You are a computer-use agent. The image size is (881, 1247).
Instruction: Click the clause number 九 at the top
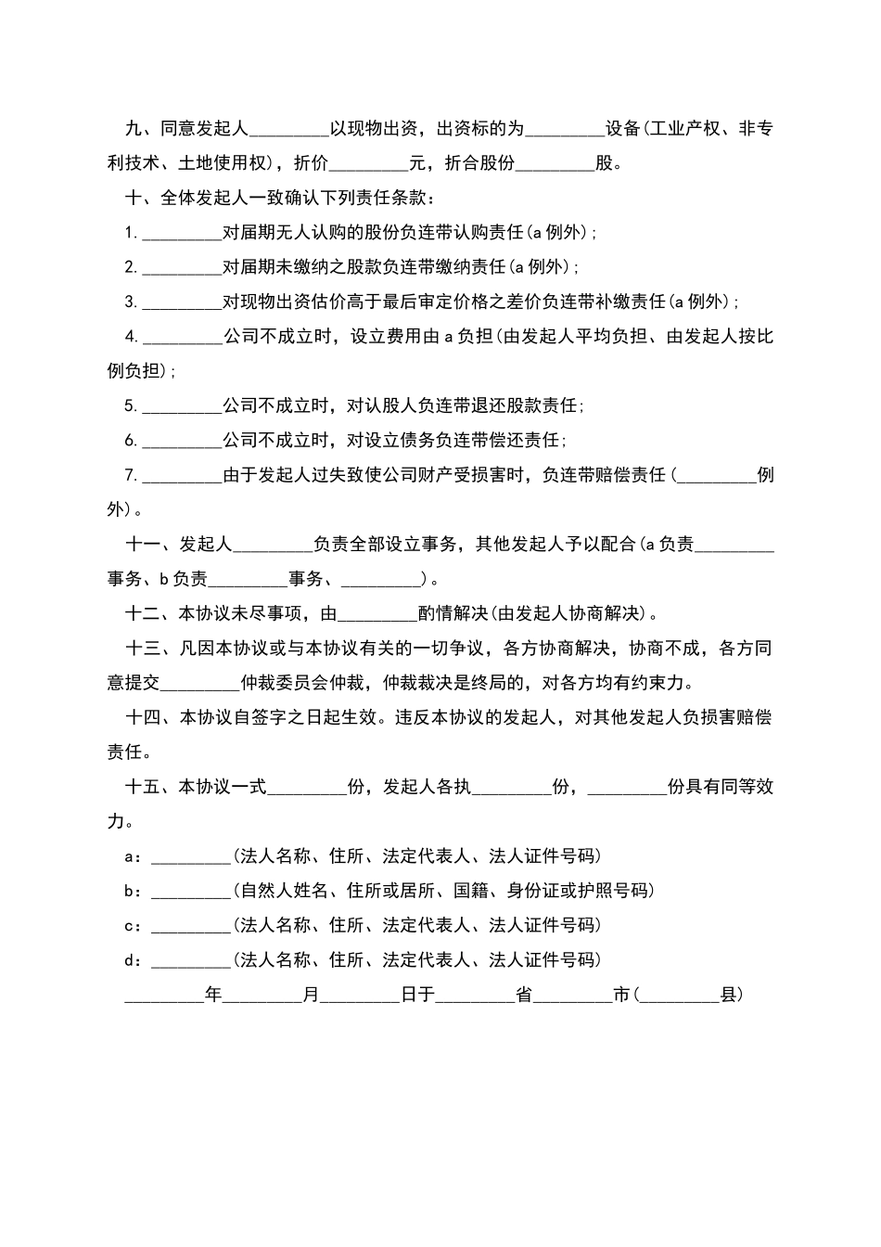[134, 129]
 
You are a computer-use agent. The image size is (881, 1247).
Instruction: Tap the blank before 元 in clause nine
[369, 164]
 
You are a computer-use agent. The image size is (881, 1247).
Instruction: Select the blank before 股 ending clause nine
[555, 164]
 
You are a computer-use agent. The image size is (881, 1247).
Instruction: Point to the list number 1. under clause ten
[131, 233]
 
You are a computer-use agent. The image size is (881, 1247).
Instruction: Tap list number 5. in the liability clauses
[131, 405]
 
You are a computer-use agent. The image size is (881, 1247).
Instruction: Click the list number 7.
[131, 475]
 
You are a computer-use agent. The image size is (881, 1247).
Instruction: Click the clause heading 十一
[143, 545]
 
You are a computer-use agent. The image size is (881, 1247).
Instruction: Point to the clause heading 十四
[143, 717]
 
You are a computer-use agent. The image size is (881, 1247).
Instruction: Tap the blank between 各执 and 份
[512, 787]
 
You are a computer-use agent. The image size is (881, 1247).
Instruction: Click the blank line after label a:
[190, 856]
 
